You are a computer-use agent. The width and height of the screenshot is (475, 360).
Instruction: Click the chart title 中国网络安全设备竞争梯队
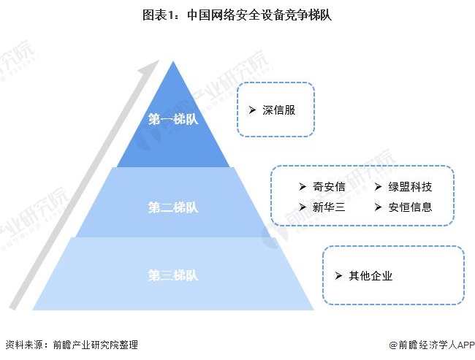pyautogui.click(x=237, y=14)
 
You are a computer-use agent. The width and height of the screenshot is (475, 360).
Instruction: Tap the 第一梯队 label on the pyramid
pyautogui.click(x=173, y=118)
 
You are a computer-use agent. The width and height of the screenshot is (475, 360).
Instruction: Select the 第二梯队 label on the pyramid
pyautogui.click(x=173, y=207)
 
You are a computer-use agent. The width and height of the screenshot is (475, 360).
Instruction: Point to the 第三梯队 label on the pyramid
pyautogui.click(x=173, y=275)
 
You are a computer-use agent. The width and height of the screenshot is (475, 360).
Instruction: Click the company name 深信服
pyautogui.click(x=278, y=110)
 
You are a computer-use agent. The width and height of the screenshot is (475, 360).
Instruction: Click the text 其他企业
pyautogui.click(x=371, y=276)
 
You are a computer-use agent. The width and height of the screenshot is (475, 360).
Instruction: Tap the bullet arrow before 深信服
pyautogui.click(x=251, y=110)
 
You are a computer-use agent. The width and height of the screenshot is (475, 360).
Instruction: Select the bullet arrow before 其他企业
pyautogui.click(x=338, y=276)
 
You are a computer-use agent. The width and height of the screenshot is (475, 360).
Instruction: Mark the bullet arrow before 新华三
pyautogui.click(x=301, y=207)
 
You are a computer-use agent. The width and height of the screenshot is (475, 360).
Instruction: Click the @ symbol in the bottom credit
pyautogui.click(x=392, y=345)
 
